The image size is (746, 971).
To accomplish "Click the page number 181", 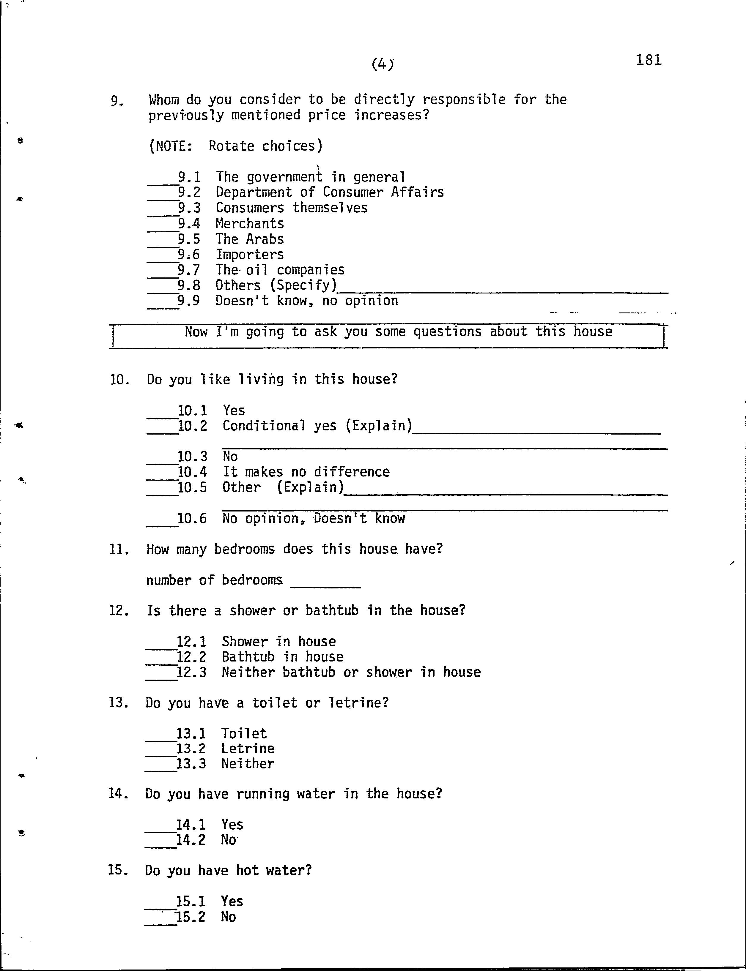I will tap(649, 60).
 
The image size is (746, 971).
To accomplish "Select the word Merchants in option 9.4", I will tap(250, 223).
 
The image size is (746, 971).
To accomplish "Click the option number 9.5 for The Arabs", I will tap(189, 239).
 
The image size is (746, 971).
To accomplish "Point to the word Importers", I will tap(250, 255).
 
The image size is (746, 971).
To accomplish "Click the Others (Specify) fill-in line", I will tap(502, 291).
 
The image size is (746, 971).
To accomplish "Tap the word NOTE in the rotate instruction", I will tap(171, 146).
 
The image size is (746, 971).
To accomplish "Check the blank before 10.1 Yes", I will tap(162, 416).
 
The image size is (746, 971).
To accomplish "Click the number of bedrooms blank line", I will tap(325, 586).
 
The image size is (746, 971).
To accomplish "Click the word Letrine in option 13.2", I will tap(248, 749).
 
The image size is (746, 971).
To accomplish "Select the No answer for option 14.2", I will tap(228, 840).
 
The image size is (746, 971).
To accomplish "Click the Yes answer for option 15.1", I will tap(232, 901).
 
